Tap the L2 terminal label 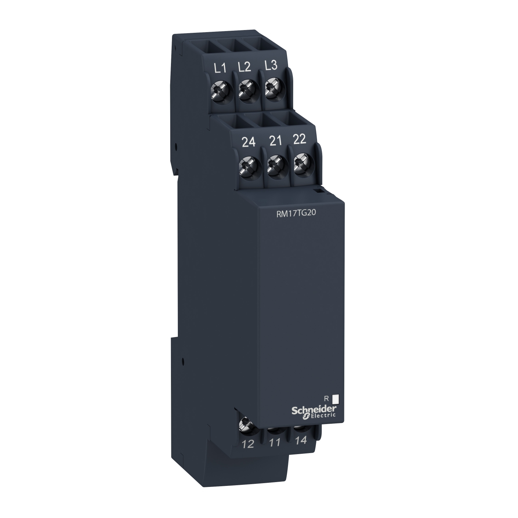(244, 67)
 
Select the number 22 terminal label (299, 139)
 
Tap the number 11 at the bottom (275, 443)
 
